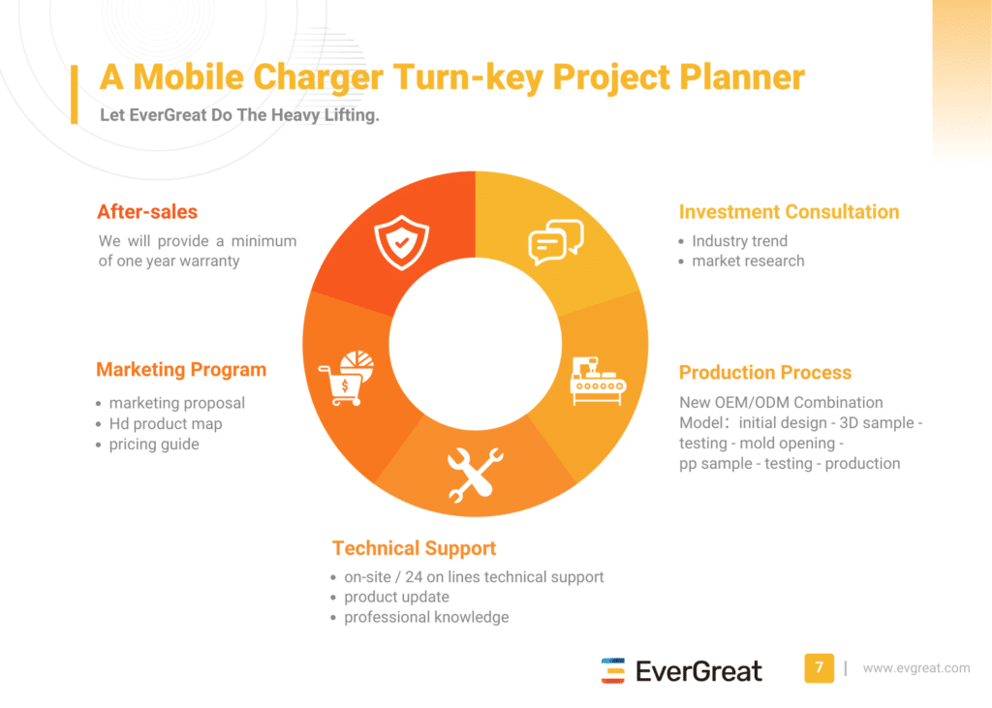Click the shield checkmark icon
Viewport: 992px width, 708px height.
[x=401, y=242]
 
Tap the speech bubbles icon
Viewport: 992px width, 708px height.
[x=555, y=242]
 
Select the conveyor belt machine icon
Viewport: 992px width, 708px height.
[x=598, y=381]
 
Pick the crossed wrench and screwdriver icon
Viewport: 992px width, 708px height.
[x=475, y=475]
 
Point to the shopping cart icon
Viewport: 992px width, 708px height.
[x=346, y=379]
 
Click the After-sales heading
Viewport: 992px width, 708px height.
[x=147, y=212]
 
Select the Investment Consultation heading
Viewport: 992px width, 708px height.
[x=789, y=212]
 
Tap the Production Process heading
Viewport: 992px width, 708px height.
[x=765, y=373]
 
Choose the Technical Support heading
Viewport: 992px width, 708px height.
[x=415, y=548]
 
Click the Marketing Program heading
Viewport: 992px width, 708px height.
[x=181, y=370]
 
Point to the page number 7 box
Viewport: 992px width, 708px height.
[x=820, y=668]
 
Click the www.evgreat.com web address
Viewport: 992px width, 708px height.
[x=916, y=668]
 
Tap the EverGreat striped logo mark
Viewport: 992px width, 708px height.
[x=612, y=670]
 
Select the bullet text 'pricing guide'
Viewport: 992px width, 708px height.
[x=154, y=445]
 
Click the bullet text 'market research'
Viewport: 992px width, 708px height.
[x=749, y=261]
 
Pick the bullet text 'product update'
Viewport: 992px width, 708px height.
[x=396, y=597]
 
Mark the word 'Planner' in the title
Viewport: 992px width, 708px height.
[x=742, y=77]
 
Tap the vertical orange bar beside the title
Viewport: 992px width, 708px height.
[x=74, y=94]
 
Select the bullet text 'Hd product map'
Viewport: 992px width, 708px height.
[x=166, y=424]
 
